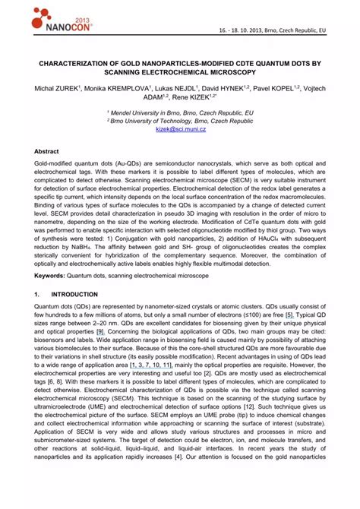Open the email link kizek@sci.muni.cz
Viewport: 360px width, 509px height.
tap(180, 129)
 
